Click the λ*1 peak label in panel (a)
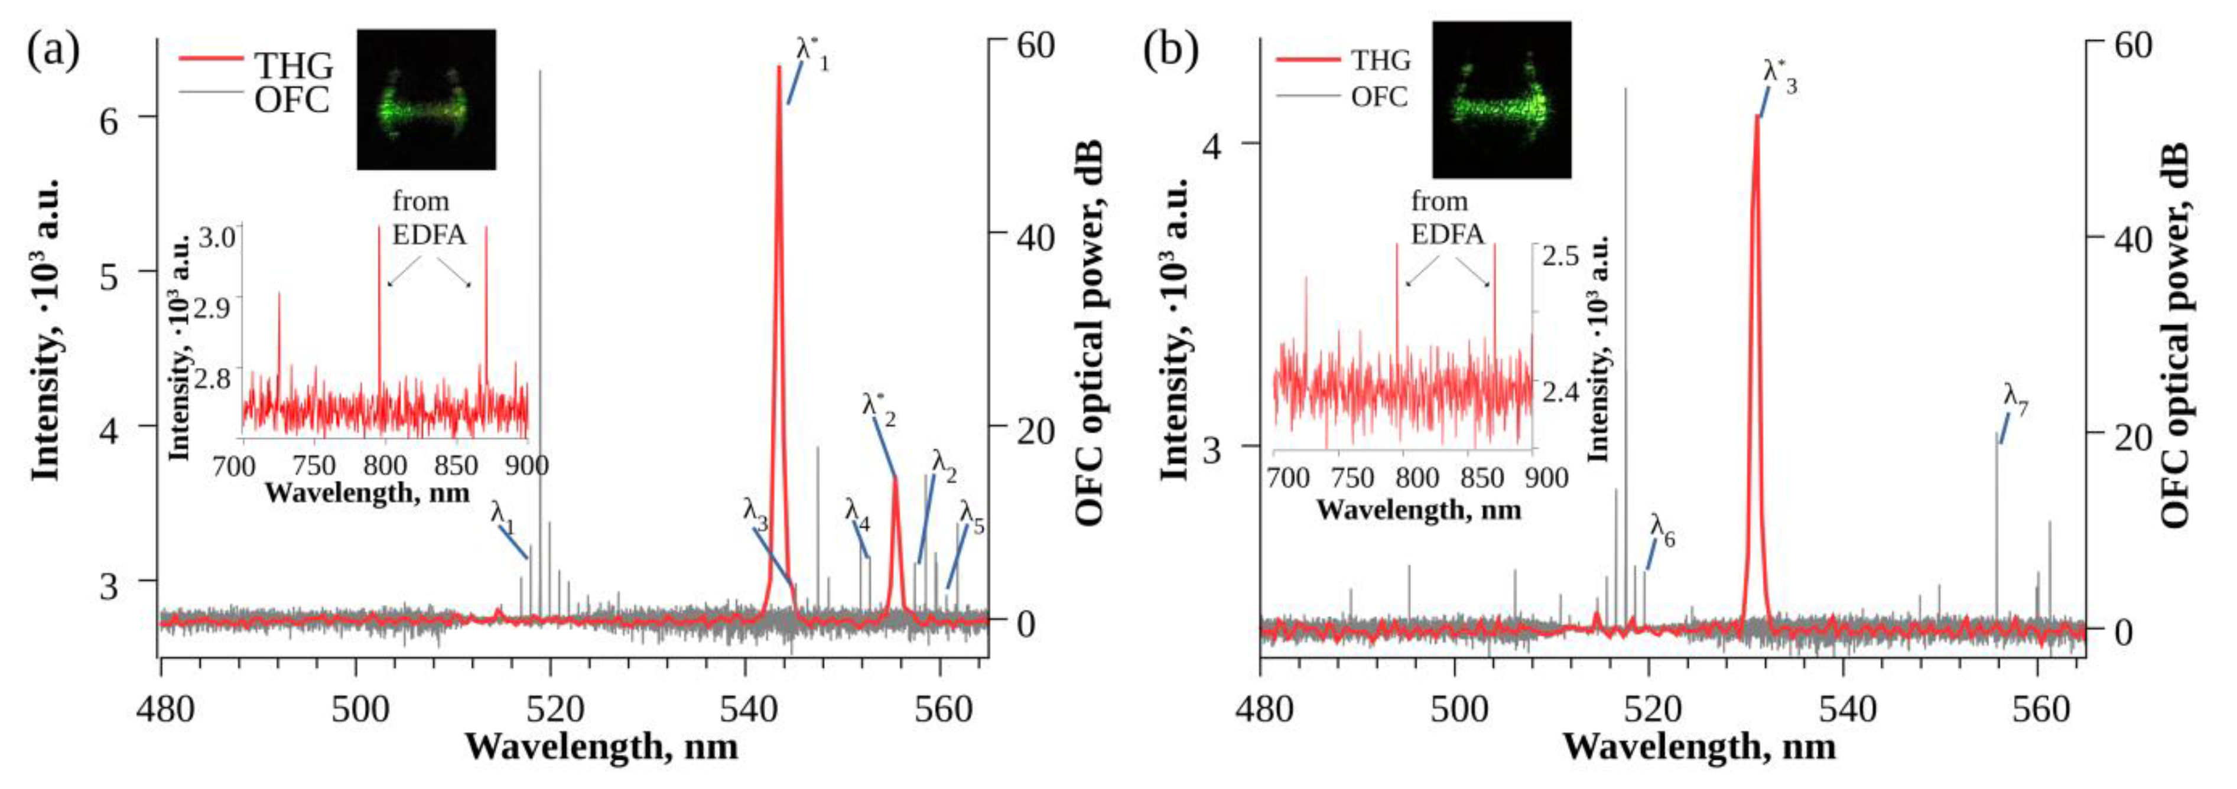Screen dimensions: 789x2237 (811, 54)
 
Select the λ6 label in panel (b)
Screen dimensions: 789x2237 (1662, 530)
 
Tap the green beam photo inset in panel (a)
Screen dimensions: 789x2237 (427, 99)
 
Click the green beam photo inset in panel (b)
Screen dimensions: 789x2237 (1501, 100)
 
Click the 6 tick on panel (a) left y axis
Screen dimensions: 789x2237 (109, 120)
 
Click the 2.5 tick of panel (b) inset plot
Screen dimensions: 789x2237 (1560, 257)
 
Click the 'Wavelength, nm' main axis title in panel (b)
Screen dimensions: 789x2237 (1699, 747)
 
